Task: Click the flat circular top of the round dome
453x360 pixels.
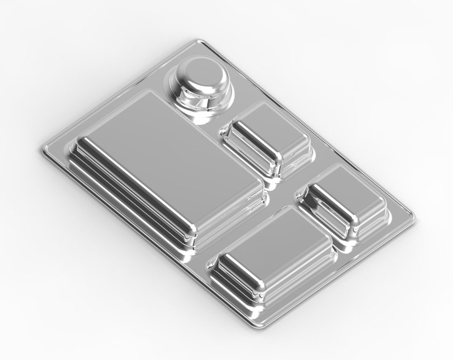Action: (202, 74)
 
